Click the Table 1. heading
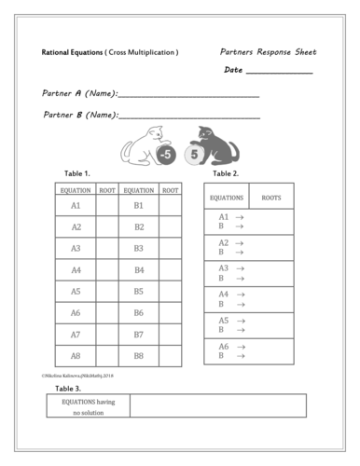[76, 174]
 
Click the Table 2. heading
[226, 174]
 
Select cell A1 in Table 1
[76, 205]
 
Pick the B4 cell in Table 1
[138, 270]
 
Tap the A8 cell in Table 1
[76, 355]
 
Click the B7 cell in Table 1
[138, 334]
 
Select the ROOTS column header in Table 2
[271, 198]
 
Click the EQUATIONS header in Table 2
[227, 198]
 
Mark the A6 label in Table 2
[224, 346]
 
